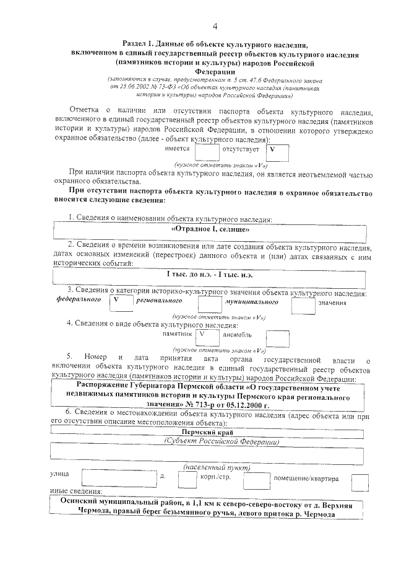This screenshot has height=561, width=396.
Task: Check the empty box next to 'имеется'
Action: (x=207, y=152)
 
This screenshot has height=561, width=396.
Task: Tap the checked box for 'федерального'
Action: (x=121, y=302)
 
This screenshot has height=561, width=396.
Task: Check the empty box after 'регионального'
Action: (x=209, y=304)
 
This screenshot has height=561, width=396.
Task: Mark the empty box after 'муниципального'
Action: (x=303, y=304)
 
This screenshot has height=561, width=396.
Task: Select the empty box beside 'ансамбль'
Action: (x=277, y=338)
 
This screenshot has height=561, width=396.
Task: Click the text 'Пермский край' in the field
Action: (x=208, y=432)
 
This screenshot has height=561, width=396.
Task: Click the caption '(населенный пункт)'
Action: (x=208, y=466)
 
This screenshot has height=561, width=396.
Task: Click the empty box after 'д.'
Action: (x=187, y=480)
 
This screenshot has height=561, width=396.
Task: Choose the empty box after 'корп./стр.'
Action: (x=256, y=482)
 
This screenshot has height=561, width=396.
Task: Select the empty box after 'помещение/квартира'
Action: (x=359, y=482)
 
